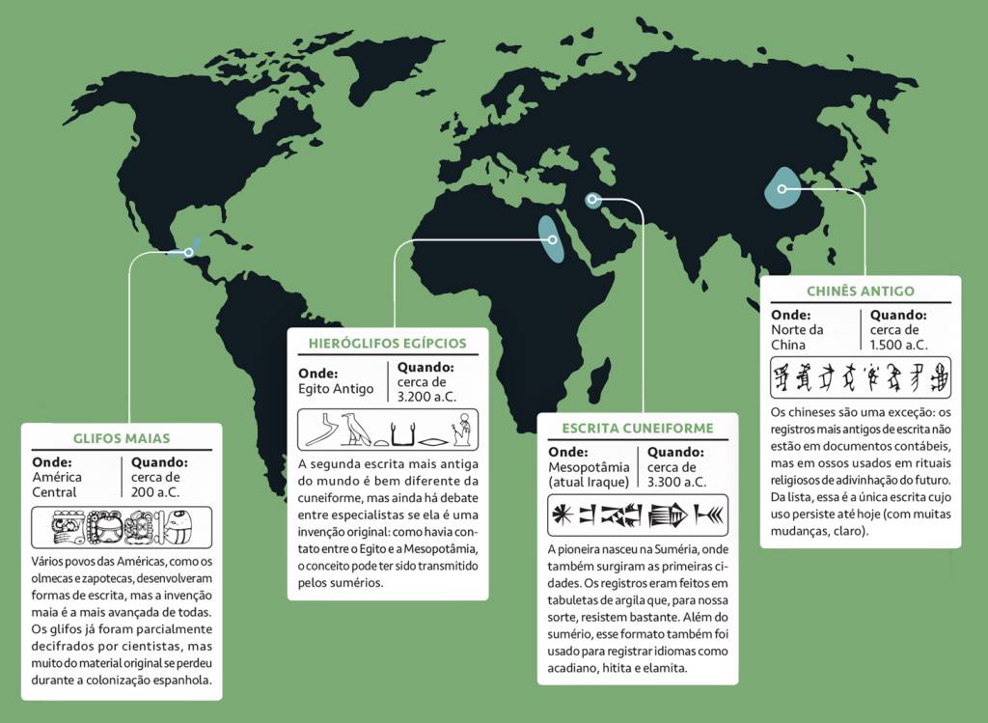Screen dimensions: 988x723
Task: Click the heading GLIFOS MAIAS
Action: click(x=122, y=438)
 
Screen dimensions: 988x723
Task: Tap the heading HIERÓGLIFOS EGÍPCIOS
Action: click(x=387, y=343)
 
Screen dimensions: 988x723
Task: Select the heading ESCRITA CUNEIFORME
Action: click(x=638, y=428)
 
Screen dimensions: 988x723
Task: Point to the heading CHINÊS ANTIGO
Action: click(x=860, y=291)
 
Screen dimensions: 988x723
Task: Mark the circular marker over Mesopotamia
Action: click(x=591, y=200)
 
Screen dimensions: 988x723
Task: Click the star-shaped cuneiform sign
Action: click(x=561, y=516)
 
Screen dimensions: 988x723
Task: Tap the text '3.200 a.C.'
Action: click(x=427, y=396)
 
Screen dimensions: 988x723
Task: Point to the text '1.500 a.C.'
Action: click(x=898, y=343)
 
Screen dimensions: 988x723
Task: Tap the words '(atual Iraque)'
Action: click(x=588, y=481)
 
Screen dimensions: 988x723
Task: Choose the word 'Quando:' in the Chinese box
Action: click(x=898, y=315)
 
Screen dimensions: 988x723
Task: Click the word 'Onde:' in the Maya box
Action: click(x=52, y=462)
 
